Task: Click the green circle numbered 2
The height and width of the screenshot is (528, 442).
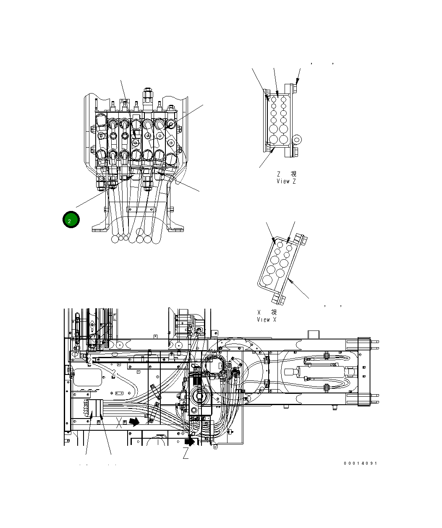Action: pyautogui.click(x=71, y=220)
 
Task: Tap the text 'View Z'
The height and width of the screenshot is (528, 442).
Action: pyautogui.click(x=286, y=181)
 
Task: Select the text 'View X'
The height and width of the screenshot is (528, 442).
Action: pyautogui.click(x=267, y=320)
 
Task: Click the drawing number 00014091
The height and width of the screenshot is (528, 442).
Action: pyautogui.click(x=360, y=463)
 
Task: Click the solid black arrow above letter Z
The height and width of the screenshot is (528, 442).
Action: pyautogui.click(x=190, y=442)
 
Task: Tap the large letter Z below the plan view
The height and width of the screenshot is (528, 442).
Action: pyautogui.click(x=186, y=453)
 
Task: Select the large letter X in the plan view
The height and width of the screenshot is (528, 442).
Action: pyautogui.click(x=120, y=423)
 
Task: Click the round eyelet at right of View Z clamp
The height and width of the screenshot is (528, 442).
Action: pyautogui.click(x=298, y=139)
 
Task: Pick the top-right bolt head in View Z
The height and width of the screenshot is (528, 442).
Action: pyautogui.click(x=294, y=88)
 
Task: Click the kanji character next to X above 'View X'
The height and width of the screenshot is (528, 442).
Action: pyautogui.click(x=274, y=312)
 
